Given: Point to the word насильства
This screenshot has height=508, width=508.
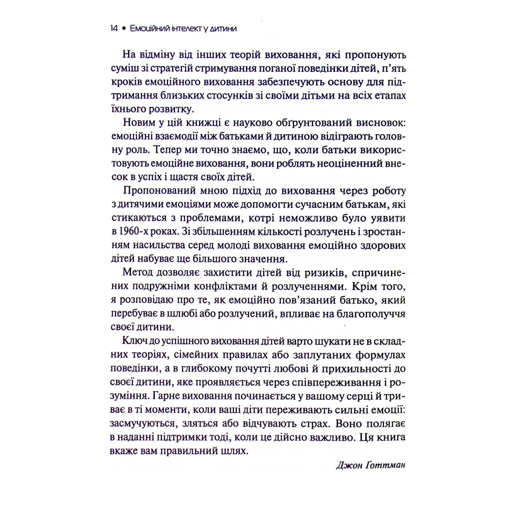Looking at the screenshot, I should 161,246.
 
